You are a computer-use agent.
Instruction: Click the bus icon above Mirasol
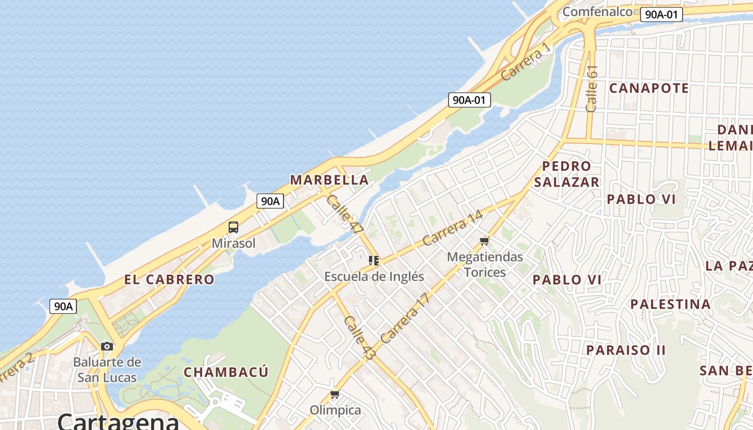pyautogui.click(x=233, y=227)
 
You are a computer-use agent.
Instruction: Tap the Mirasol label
pyautogui.click(x=233, y=243)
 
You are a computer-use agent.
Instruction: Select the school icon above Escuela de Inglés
pyautogui.click(x=374, y=261)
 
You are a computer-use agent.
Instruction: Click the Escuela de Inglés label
pyautogui.click(x=374, y=276)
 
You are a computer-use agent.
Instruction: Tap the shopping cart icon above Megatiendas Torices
pyautogui.click(x=485, y=241)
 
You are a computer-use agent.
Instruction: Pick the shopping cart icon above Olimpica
pyautogui.click(x=335, y=395)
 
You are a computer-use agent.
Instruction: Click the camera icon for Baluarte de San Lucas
pyautogui.click(x=107, y=346)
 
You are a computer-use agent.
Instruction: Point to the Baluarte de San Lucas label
pyautogui.click(x=107, y=370)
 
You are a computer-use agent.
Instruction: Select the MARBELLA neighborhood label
pyautogui.click(x=330, y=180)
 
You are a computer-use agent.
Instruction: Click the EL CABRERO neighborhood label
pyautogui.click(x=169, y=279)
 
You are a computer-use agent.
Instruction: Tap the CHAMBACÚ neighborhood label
pyautogui.click(x=226, y=372)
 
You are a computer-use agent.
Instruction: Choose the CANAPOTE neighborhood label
pyautogui.click(x=649, y=88)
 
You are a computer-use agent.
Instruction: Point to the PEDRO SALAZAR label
pyautogui.click(x=566, y=174)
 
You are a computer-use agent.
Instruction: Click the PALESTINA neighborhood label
pyautogui.click(x=671, y=304)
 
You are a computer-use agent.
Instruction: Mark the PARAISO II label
pyautogui.click(x=626, y=350)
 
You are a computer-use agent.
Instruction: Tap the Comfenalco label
pyautogui.click(x=597, y=12)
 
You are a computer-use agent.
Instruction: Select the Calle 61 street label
pyautogui.click(x=592, y=89)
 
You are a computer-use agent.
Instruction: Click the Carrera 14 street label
pyautogui.click(x=453, y=227)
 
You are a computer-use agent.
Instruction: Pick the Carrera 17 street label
pyautogui.click(x=406, y=318)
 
